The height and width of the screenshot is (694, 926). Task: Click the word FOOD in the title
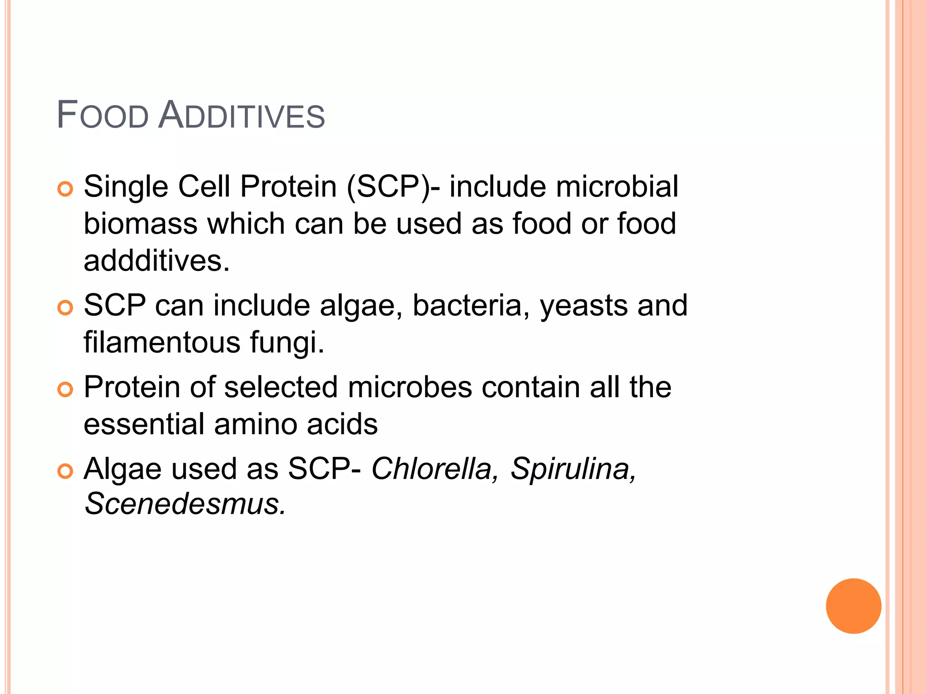coord(103,115)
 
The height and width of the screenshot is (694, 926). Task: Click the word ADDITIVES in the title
coord(241,115)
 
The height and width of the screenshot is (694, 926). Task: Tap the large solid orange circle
coord(853,606)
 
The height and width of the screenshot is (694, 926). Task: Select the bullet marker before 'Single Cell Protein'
coord(66,189)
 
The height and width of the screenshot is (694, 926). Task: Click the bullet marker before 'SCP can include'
coord(66,308)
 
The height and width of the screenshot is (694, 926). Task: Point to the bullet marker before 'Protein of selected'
coord(66,389)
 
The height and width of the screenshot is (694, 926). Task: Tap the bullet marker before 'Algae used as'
coord(66,471)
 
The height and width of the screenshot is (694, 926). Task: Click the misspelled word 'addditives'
coord(157,261)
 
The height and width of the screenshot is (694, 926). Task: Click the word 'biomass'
coord(141,224)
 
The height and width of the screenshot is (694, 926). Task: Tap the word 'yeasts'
coord(584,306)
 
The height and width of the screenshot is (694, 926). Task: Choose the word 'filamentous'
coord(162,342)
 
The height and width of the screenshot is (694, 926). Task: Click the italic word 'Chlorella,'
coord(435,469)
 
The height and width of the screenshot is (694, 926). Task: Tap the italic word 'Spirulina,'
coord(573,469)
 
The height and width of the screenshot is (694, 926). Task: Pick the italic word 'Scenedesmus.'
coord(185,504)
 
